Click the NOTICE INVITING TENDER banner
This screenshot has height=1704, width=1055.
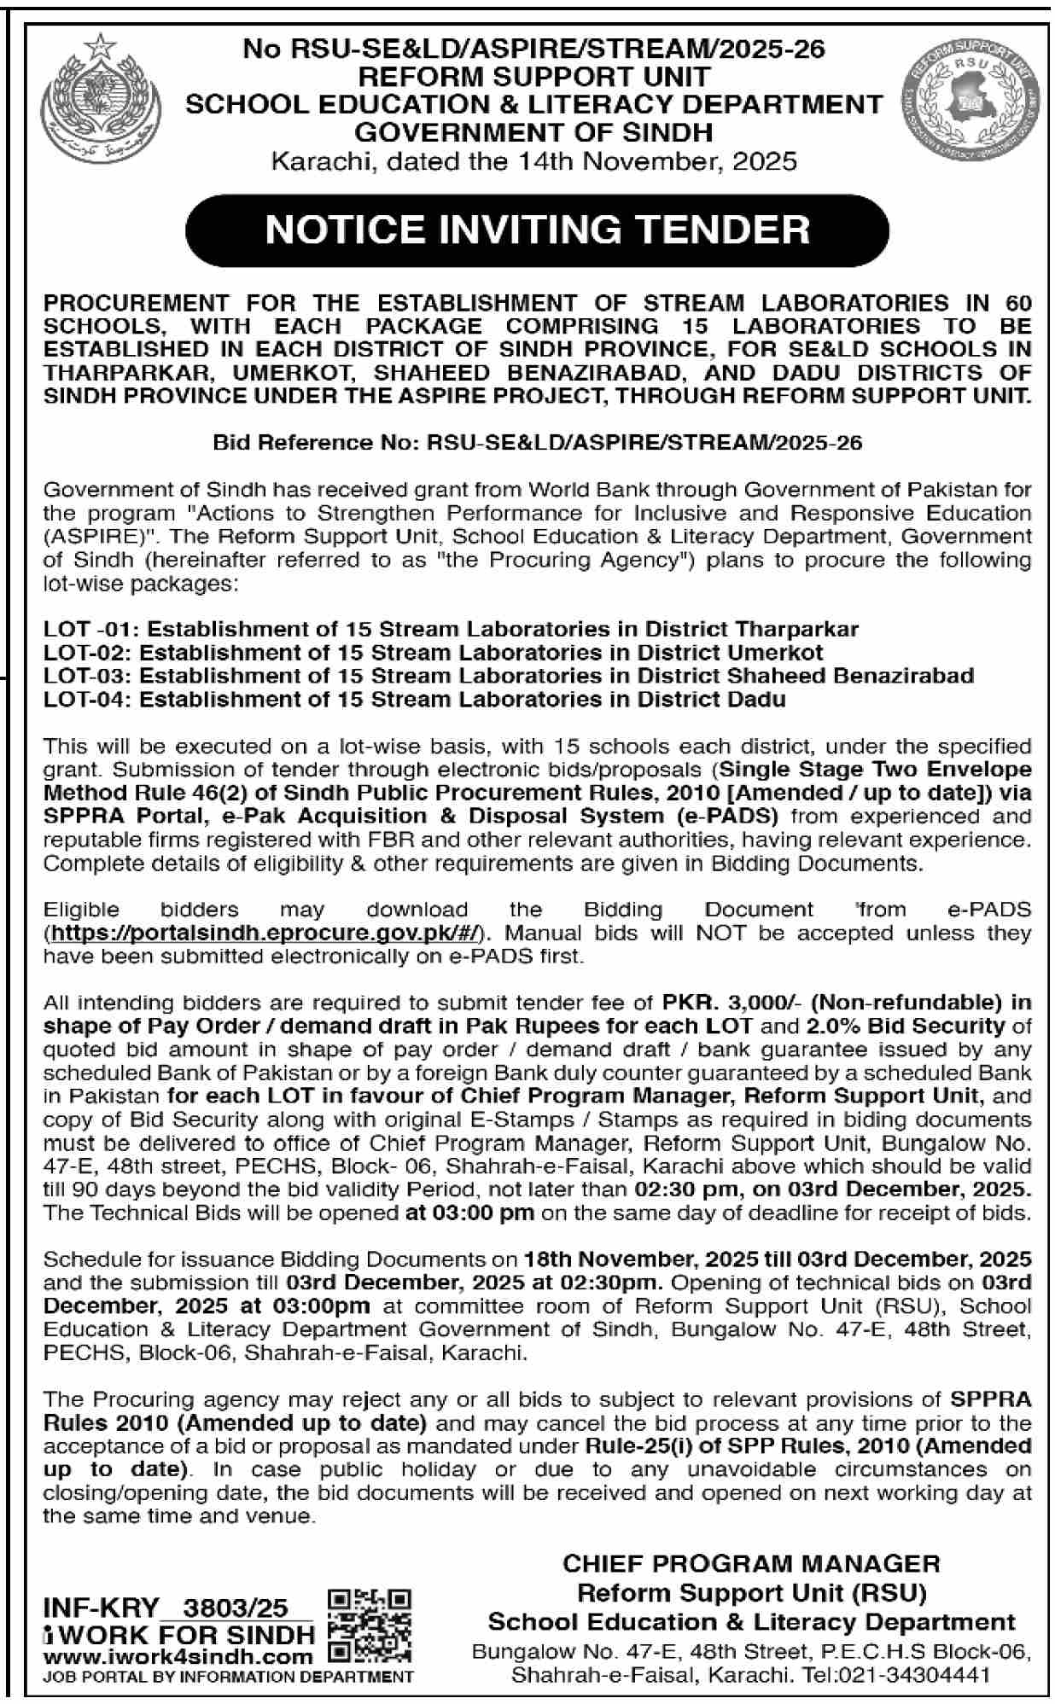point(537,230)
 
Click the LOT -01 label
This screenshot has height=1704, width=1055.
point(93,629)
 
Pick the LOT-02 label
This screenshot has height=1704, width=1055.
point(88,653)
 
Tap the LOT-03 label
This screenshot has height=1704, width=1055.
point(88,676)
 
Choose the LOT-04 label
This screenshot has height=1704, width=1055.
point(88,699)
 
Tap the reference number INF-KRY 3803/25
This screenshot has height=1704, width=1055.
point(166,1608)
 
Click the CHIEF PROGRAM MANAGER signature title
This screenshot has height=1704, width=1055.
point(751,1564)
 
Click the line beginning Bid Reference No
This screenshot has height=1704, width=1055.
point(537,443)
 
